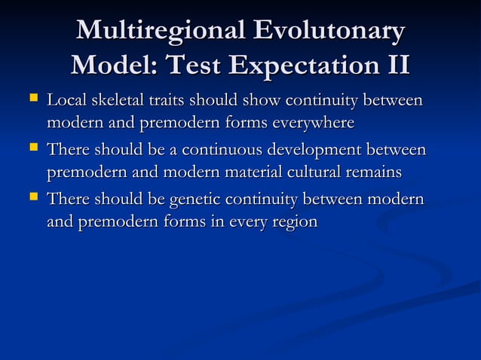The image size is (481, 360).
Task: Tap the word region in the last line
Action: [295, 222]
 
